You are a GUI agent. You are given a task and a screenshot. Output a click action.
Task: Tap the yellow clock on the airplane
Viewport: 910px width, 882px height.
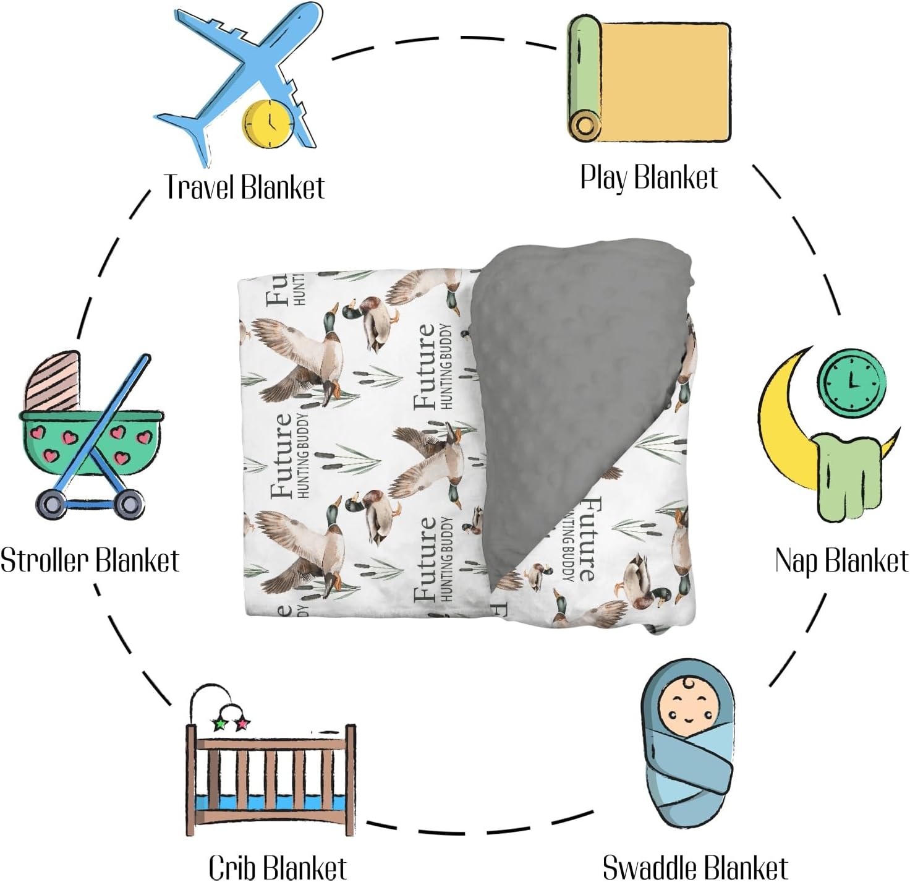click(x=268, y=123)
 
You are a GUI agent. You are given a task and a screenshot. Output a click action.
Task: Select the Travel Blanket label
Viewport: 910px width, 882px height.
click(x=244, y=187)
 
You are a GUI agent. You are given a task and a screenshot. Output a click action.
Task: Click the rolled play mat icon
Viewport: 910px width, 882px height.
click(x=649, y=79)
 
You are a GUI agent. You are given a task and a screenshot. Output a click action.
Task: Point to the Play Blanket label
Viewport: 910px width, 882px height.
click(x=648, y=178)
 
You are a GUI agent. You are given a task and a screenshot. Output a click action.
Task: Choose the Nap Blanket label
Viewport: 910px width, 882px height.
click(x=841, y=561)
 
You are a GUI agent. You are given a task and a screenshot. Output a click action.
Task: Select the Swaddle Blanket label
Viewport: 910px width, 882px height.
click(x=695, y=867)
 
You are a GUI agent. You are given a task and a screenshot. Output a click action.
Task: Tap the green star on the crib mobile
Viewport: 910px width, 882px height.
click(x=219, y=724)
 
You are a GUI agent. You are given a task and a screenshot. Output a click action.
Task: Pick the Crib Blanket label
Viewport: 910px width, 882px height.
click(x=278, y=867)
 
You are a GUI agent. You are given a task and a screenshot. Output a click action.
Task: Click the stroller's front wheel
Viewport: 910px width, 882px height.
click(x=130, y=505)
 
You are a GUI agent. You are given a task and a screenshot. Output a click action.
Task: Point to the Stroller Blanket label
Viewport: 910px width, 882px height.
click(x=90, y=560)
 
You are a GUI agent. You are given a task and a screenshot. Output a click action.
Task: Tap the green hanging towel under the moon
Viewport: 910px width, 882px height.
click(x=844, y=476)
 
